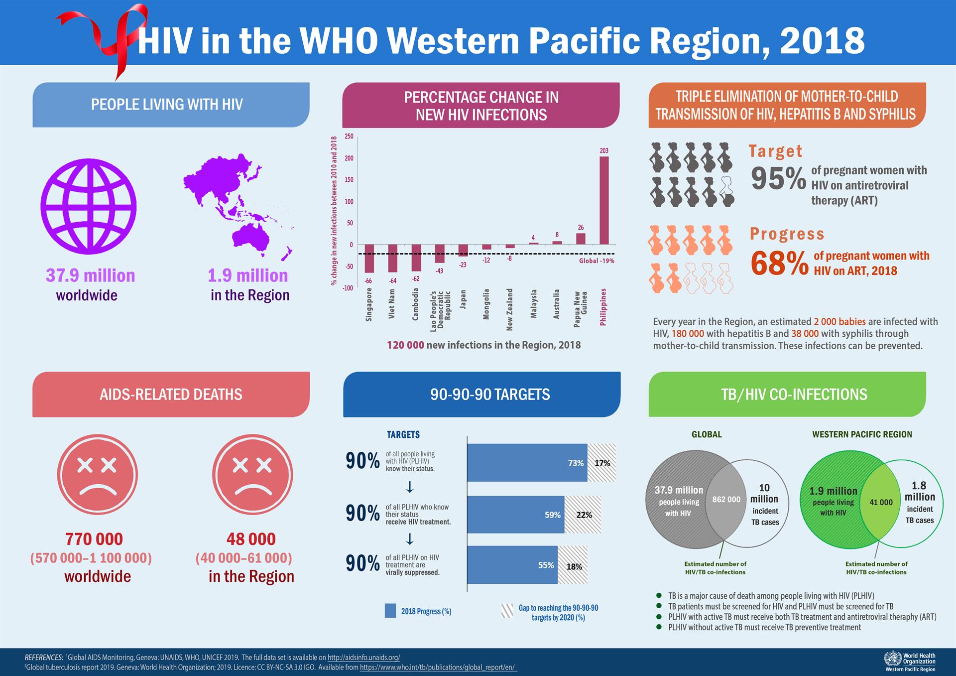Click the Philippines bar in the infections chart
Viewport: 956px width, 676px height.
(x=604, y=200)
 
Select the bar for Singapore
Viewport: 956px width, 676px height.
(x=369, y=259)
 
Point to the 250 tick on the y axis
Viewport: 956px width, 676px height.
(x=349, y=136)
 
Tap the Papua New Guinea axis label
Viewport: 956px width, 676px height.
(x=581, y=309)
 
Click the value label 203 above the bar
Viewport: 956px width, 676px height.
(x=604, y=150)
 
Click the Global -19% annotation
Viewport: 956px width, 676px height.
(x=597, y=261)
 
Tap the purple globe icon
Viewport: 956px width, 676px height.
(x=89, y=206)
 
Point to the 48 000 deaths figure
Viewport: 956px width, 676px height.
(x=251, y=539)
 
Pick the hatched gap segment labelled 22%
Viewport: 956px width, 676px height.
(x=583, y=515)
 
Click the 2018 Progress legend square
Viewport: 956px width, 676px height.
(x=390, y=611)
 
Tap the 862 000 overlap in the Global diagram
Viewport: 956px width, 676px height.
(x=726, y=499)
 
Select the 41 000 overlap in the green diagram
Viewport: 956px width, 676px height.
(x=881, y=502)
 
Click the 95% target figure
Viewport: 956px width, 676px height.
(x=778, y=178)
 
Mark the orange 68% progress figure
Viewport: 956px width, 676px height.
(x=779, y=264)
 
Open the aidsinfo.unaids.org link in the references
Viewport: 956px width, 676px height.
(x=364, y=658)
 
